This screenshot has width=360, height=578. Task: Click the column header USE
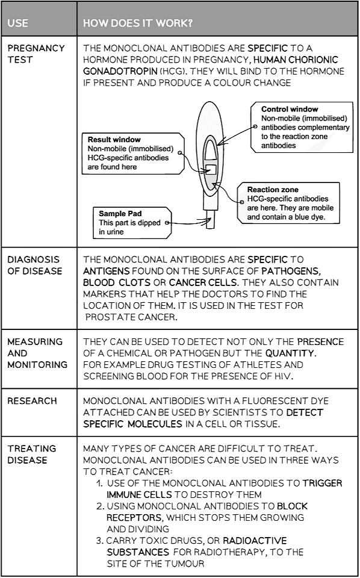click(x=18, y=24)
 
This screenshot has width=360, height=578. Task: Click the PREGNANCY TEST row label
click(x=36, y=54)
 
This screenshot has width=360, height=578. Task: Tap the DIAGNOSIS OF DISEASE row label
click(x=34, y=265)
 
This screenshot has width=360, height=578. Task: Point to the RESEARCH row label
click(x=32, y=401)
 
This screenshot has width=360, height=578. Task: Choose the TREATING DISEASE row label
click(x=31, y=454)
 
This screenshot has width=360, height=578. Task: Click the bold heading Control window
click(x=290, y=110)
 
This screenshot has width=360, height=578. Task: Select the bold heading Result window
click(x=114, y=140)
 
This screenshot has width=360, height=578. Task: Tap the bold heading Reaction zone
click(x=273, y=190)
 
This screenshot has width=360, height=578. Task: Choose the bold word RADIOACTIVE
click(x=254, y=541)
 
